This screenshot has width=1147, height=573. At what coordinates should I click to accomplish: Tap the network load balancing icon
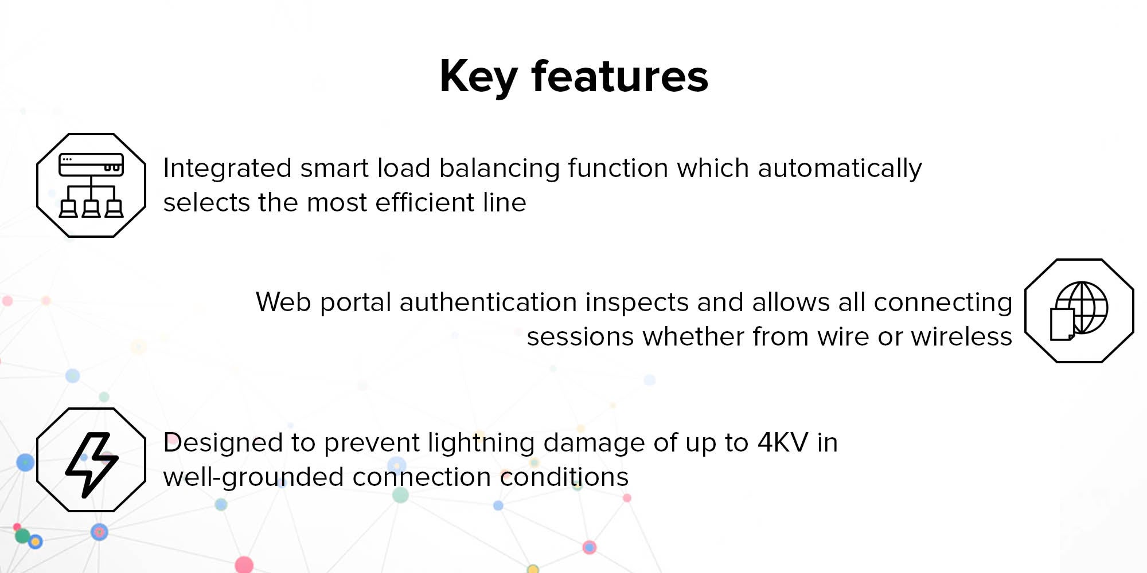(x=91, y=186)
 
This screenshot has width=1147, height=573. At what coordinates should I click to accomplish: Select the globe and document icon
(x=1079, y=311)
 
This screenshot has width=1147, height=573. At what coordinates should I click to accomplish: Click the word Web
(x=283, y=302)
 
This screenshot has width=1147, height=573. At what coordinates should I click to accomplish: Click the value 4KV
(x=783, y=443)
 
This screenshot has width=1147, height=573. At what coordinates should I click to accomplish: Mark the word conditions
(x=564, y=477)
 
